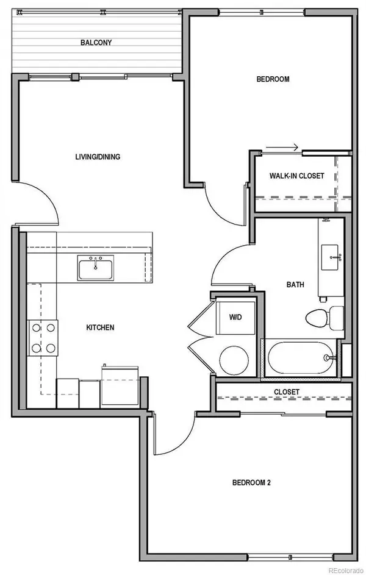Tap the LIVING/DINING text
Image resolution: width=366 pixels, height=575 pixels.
(x=98, y=157)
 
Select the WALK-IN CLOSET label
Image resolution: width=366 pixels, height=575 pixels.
(x=297, y=176)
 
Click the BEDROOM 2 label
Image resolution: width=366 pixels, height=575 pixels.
(x=251, y=482)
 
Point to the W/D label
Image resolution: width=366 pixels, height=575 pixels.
(x=235, y=317)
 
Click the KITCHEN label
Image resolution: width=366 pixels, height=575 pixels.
(x=100, y=327)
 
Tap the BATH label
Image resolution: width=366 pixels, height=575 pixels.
(x=295, y=284)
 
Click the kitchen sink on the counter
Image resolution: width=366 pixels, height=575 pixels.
(x=96, y=268)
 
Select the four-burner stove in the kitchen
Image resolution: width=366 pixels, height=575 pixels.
(x=43, y=338)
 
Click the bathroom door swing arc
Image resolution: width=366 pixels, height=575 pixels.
(x=229, y=262)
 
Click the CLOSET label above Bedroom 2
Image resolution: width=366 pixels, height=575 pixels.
(x=286, y=392)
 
